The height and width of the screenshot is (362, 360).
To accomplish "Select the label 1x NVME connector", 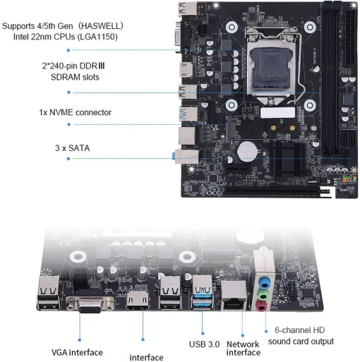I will coord(75,111).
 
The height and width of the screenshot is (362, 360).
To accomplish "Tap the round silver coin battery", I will coord(246,151).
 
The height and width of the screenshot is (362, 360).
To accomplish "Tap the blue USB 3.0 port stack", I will coord(201,296).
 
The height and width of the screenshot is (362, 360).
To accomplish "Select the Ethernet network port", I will coord(234,301).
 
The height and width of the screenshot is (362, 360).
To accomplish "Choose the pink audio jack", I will coord(263,305).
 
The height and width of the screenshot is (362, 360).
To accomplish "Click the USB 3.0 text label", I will coord(205,344).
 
